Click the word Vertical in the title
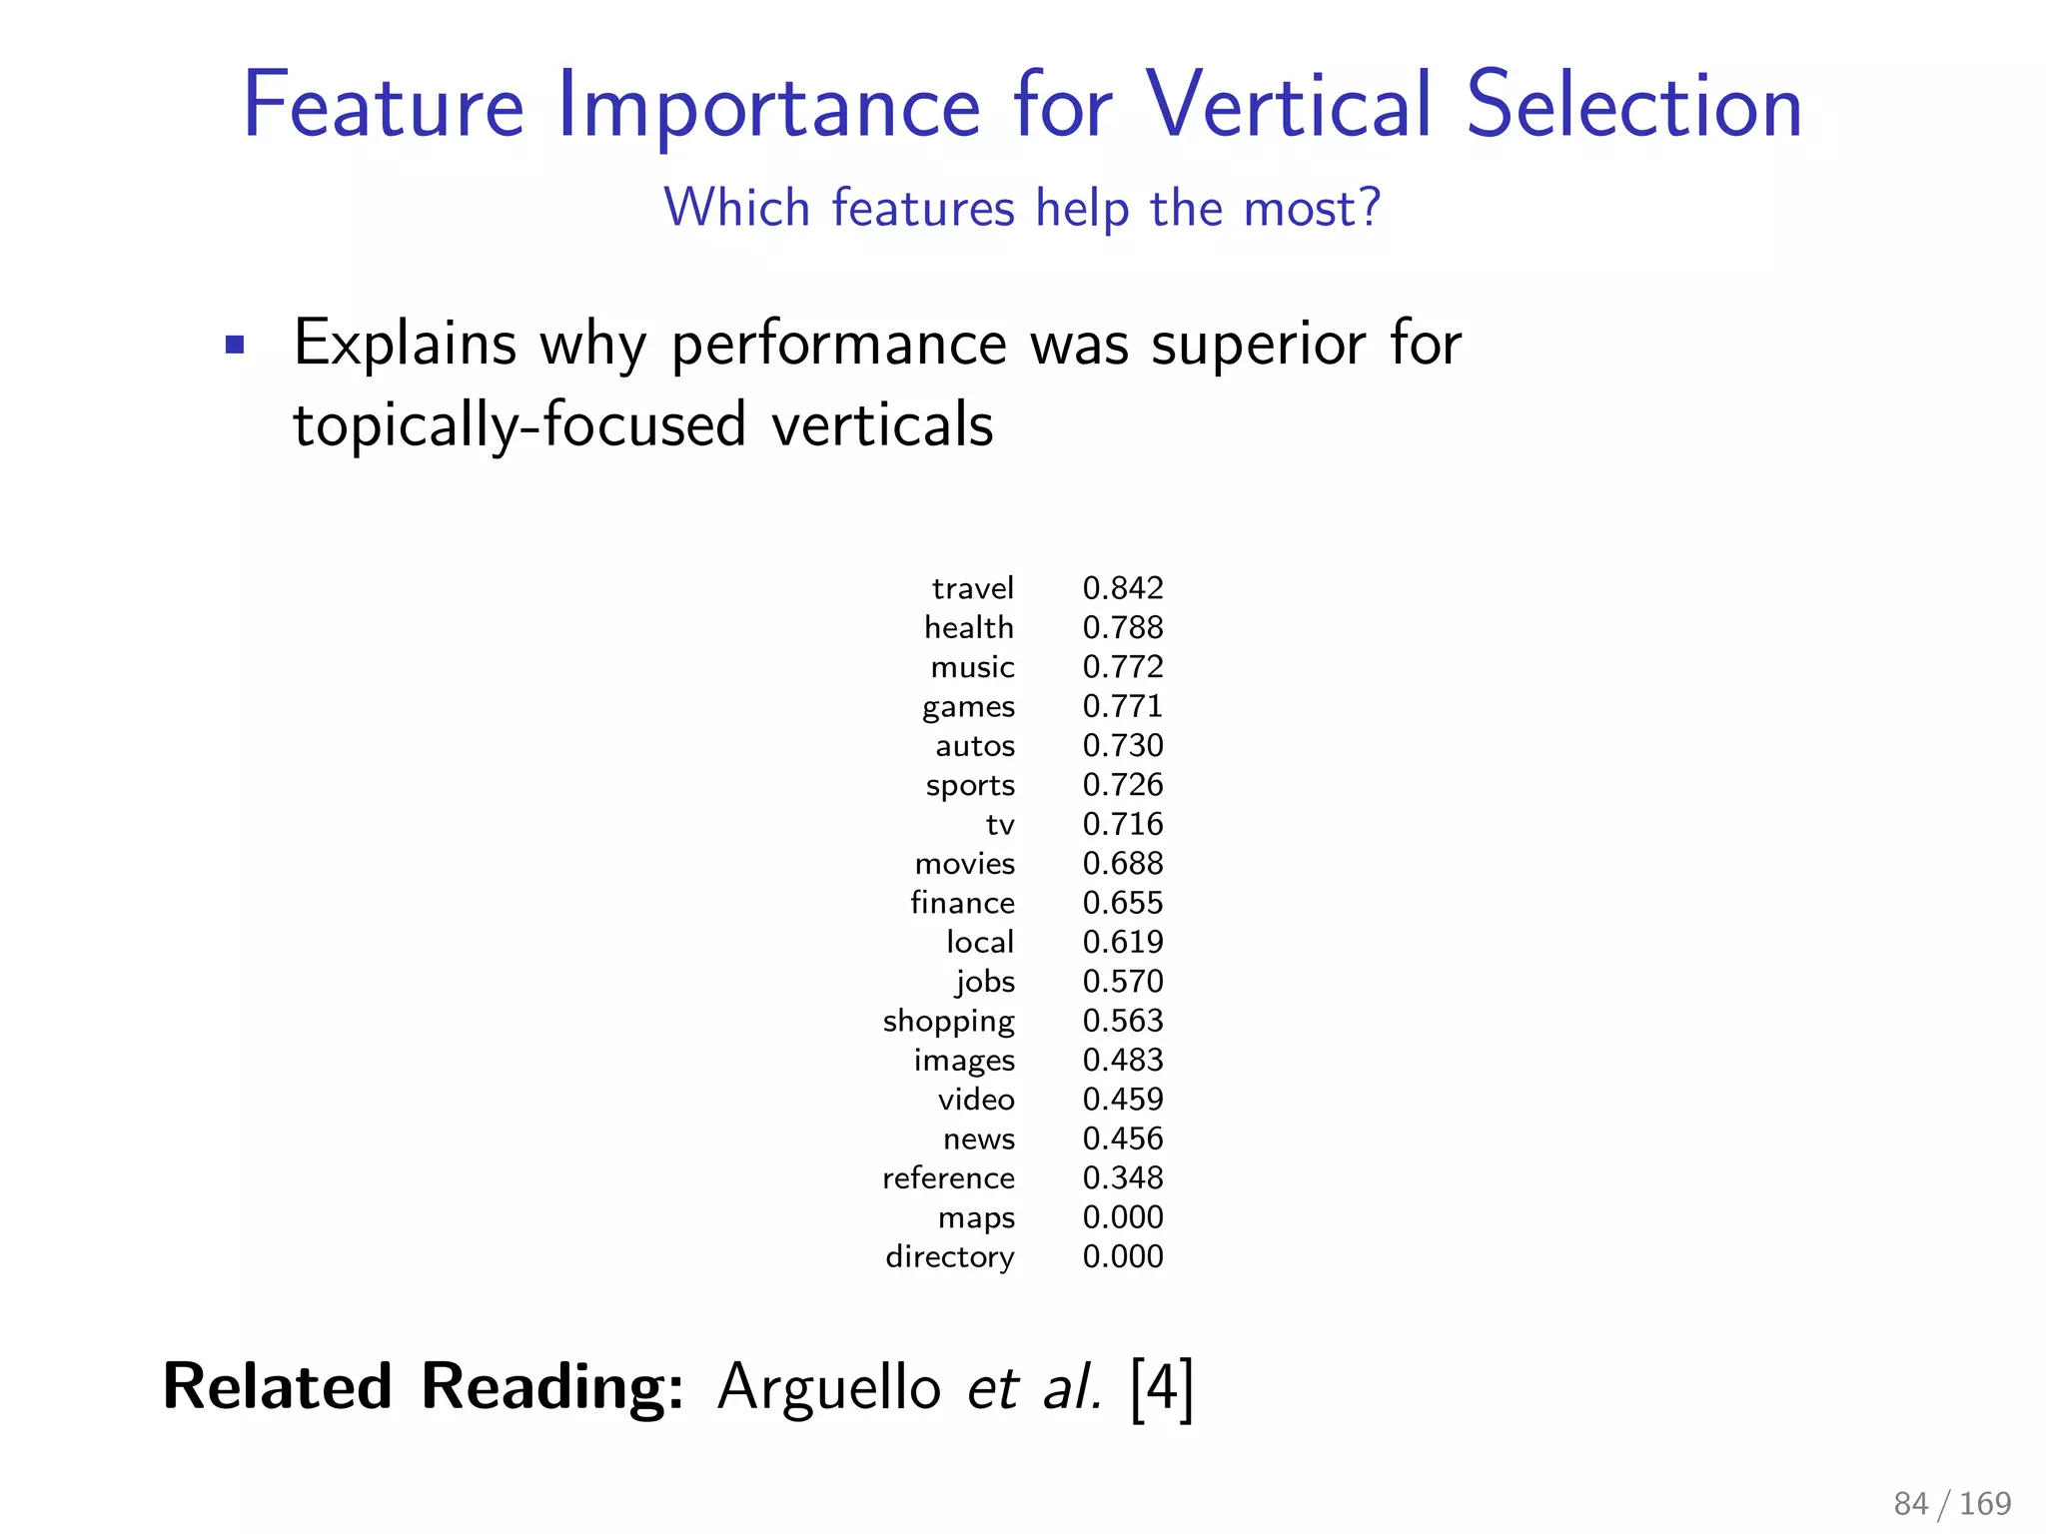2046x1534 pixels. click(1290, 105)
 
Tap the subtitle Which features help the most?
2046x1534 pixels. click(1022, 208)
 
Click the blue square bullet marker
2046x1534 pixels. click(235, 346)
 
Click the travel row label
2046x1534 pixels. click(972, 588)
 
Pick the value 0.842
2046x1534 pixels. click(1123, 588)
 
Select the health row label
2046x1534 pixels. click(968, 627)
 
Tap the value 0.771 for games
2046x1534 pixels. click(1123, 706)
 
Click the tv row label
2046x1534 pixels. click(1000, 825)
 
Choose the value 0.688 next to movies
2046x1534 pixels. click(1123, 864)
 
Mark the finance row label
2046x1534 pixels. click(962, 903)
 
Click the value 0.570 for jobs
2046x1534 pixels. click(1123, 982)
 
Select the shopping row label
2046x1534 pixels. click(948, 1022)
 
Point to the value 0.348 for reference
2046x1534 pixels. click(1123, 1178)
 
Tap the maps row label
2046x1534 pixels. click(976, 1218)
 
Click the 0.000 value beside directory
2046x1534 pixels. click(1123, 1256)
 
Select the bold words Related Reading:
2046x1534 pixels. click(424, 1387)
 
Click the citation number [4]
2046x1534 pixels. click(1162, 1388)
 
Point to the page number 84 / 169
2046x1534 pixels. click(1951, 1503)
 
